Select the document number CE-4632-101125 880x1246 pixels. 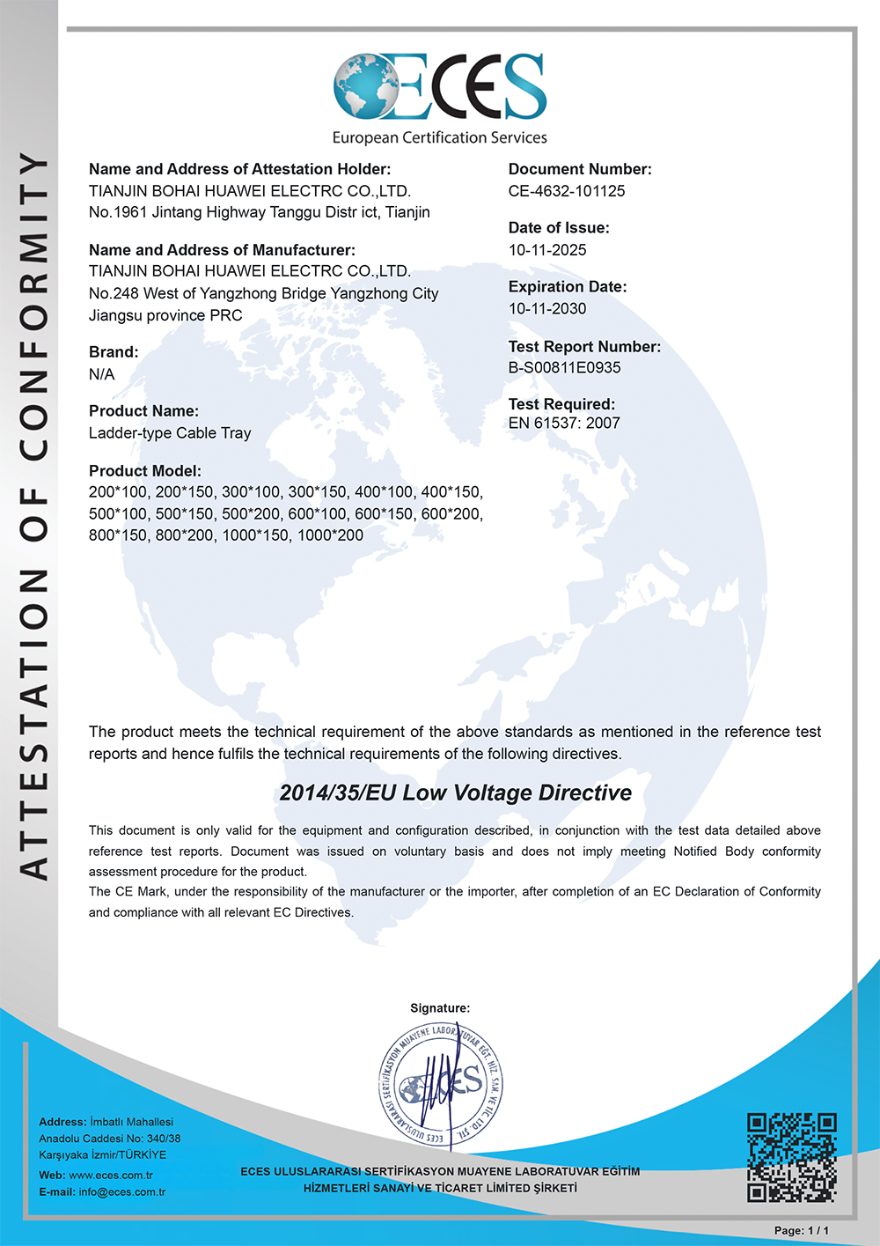567,191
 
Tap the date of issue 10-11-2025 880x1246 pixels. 547,250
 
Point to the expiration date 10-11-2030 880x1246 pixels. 547,309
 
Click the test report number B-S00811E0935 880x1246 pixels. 564,368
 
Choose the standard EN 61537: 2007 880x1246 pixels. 564,424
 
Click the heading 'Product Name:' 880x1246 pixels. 143,411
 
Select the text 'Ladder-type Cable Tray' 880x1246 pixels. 170,433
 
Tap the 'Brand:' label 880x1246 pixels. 114,352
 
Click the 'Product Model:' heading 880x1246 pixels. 145,471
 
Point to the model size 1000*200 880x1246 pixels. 330,535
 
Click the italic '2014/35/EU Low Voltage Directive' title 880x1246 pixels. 455,793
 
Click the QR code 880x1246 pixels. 791,1157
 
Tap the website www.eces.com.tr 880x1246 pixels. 111,1176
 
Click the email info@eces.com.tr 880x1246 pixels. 121,1192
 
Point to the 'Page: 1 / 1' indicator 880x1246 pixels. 801,1230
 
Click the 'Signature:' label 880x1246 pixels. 440,1008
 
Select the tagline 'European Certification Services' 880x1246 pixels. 439,138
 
